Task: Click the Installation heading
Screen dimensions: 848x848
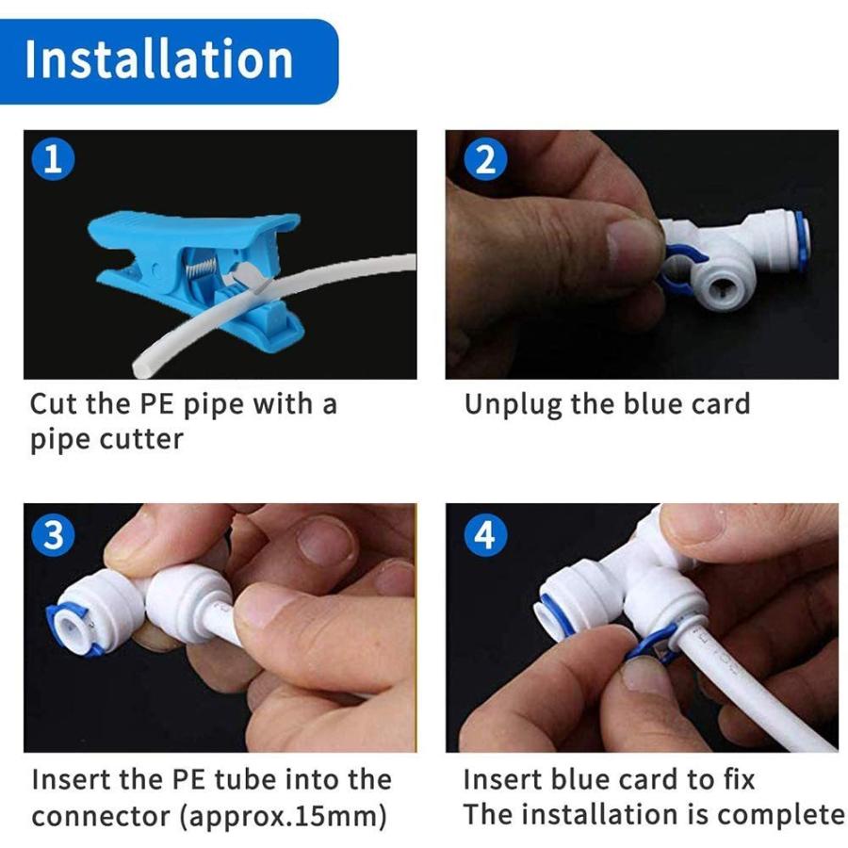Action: click(x=158, y=58)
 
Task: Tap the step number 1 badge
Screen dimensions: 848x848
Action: click(x=54, y=160)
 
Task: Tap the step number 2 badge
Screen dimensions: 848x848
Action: click(x=485, y=160)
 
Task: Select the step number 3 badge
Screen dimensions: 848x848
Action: click(x=54, y=535)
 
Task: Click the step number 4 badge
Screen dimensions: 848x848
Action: click(x=485, y=535)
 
